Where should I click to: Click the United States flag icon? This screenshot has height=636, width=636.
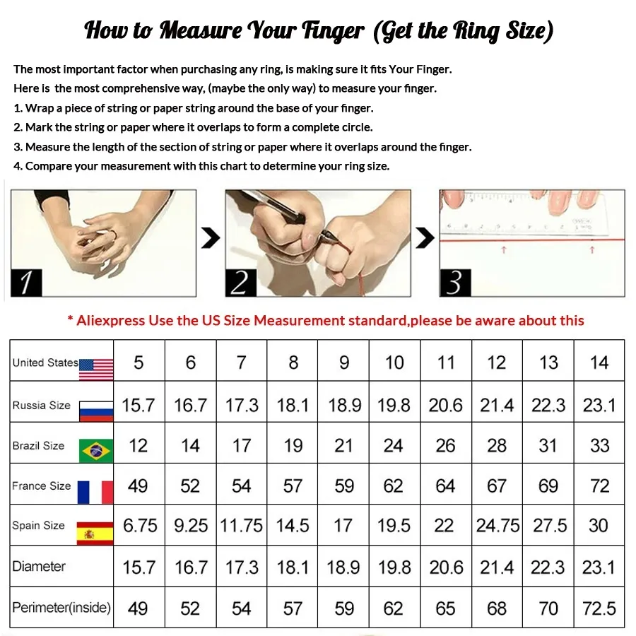point(96,368)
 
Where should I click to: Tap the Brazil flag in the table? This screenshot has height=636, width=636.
point(96,450)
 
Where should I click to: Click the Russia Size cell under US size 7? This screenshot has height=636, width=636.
point(242,405)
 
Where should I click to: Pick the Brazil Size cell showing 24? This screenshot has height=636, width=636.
point(394,446)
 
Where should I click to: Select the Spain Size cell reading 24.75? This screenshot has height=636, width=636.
point(497,526)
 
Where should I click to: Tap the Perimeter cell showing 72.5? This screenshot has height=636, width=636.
point(599,608)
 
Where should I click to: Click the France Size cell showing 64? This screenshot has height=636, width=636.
point(445,486)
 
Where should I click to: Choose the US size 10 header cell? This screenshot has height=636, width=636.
point(394,363)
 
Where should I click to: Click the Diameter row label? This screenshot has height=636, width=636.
point(39,567)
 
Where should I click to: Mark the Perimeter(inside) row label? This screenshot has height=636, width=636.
point(61,608)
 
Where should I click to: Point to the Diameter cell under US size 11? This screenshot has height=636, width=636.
point(445,567)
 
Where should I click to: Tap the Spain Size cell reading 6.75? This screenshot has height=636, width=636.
point(139,526)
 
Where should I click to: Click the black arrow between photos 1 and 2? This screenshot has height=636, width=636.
point(211,239)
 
